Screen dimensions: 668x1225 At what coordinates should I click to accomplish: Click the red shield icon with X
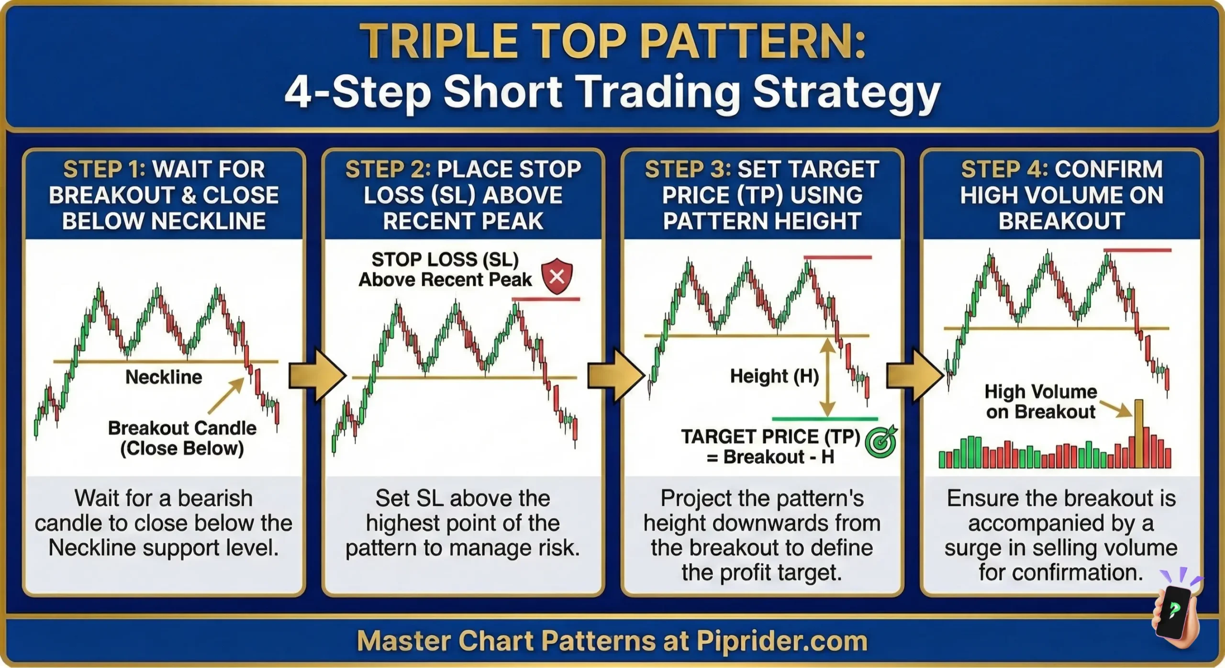[557, 276]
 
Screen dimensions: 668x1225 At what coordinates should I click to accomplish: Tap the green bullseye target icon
[881, 442]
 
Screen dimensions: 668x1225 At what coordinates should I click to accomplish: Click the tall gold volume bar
[1138, 434]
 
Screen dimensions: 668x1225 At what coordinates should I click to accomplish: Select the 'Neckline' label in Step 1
[164, 377]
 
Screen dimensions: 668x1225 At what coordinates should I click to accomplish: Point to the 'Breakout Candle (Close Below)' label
[182, 438]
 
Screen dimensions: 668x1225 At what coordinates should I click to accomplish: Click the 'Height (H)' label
[774, 376]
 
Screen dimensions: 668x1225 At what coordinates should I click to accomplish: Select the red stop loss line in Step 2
[546, 300]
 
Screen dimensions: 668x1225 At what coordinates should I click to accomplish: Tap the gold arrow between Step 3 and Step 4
[914, 376]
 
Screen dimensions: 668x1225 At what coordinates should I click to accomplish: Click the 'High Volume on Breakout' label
[1040, 401]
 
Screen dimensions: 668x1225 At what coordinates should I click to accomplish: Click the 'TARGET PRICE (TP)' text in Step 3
[770, 436]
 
